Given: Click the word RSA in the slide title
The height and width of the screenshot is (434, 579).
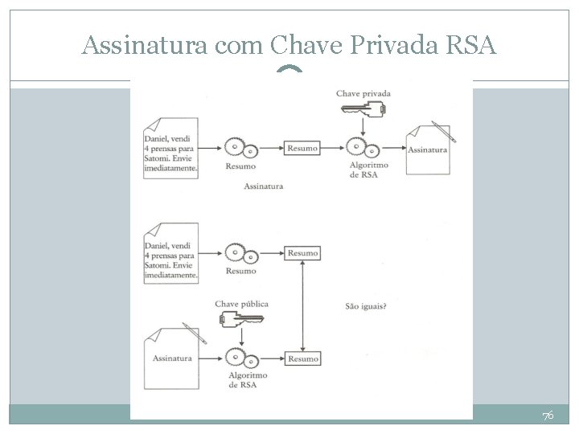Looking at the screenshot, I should click(x=470, y=47).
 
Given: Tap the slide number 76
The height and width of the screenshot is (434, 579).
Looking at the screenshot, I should click(x=548, y=416).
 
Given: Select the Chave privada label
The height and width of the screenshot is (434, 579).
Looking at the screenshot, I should click(x=363, y=94).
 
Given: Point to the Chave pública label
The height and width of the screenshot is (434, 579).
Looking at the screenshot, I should click(x=242, y=304).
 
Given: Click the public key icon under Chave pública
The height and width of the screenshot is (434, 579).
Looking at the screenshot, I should click(x=240, y=320).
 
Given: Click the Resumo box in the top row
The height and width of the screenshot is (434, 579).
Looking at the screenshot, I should click(x=302, y=148).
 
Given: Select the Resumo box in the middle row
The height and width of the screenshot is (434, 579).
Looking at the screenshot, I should click(x=302, y=253).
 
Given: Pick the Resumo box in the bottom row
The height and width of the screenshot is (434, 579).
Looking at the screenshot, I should click(x=303, y=358).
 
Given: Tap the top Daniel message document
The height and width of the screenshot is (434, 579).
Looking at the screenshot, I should click(x=170, y=148).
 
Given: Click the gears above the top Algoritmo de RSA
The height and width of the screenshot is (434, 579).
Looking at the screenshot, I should click(x=361, y=148).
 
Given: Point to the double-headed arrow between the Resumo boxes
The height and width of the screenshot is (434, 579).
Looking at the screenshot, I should click(x=300, y=306).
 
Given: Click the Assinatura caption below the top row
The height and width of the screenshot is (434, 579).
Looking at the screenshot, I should click(x=263, y=186).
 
